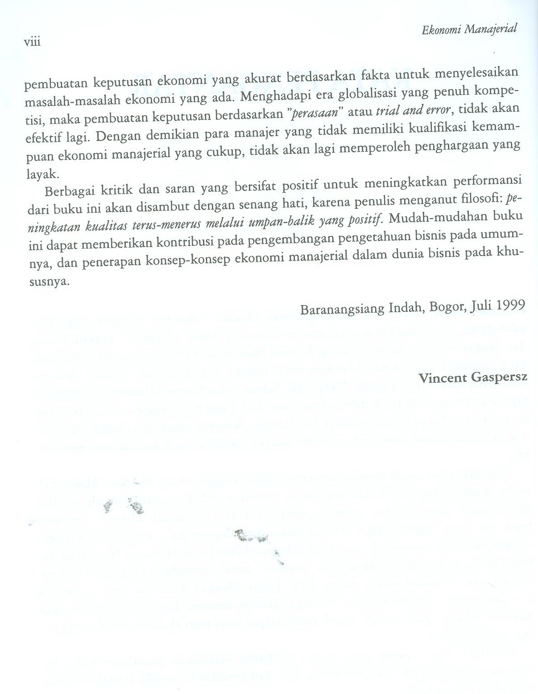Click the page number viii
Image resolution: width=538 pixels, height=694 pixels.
click(32, 42)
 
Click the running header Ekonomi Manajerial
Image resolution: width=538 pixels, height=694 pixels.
click(469, 29)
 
